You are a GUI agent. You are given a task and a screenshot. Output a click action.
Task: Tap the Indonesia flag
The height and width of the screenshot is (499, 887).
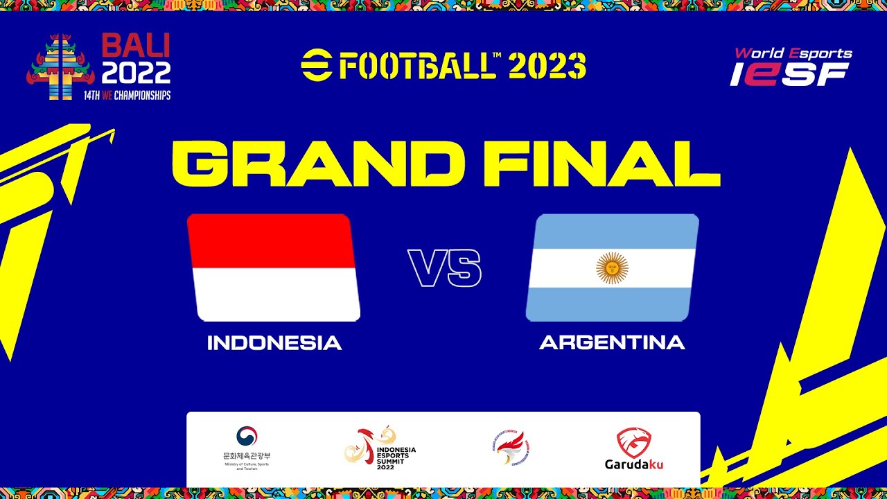(273, 268)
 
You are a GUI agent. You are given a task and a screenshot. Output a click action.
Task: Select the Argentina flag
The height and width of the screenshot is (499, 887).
(612, 268)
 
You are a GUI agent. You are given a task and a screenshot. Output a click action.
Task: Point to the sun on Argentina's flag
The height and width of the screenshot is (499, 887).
(612, 268)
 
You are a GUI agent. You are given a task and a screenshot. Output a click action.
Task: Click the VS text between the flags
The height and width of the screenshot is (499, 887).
(444, 268)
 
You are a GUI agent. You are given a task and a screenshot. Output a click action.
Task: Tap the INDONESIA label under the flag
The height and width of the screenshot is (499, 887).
(274, 343)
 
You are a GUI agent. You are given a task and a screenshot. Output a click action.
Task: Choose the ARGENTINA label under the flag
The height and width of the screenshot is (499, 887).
(612, 342)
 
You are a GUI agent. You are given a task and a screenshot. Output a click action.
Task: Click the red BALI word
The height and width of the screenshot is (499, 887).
(136, 47)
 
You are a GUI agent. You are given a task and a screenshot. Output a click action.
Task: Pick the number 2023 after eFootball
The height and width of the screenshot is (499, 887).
(547, 66)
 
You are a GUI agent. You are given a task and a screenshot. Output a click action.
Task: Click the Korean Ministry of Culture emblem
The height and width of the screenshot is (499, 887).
(246, 437)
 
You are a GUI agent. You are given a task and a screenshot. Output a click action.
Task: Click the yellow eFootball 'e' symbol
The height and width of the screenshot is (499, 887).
(316, 66)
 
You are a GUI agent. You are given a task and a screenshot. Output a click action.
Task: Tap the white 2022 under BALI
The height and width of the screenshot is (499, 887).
(136, 73)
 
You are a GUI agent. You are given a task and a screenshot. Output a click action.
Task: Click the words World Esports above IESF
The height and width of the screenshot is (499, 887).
(793, 53)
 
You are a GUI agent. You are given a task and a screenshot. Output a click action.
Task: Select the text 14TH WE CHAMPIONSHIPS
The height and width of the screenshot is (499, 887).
(127, 96)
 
